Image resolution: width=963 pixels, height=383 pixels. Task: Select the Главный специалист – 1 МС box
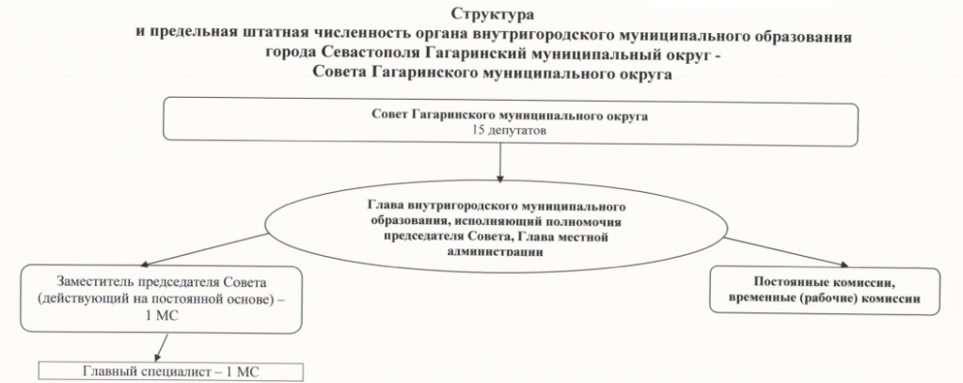click(x=170, y=370)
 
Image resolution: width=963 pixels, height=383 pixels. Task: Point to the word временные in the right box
click(x=756, y=299)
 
